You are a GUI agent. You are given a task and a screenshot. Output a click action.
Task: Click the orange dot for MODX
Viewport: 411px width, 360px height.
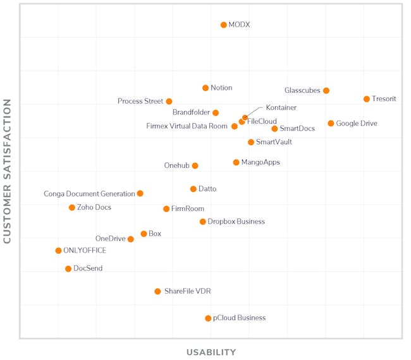pos(223,25)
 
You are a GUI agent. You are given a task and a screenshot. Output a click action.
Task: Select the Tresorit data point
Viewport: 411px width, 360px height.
pos(367,99)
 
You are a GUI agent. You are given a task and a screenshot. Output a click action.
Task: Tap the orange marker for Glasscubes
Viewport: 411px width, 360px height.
pos(326,91)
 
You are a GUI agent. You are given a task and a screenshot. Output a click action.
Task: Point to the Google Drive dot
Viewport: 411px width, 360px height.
pos(331,124)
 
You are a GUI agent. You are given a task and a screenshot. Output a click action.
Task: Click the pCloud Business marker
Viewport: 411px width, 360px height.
pos(208,318)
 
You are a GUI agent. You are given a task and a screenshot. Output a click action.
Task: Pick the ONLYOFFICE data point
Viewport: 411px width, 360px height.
pos(58,251)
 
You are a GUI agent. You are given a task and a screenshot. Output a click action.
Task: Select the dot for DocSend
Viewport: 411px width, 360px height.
pos(68,269)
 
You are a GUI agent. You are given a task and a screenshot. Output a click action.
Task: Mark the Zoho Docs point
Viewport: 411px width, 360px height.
pos(72,208)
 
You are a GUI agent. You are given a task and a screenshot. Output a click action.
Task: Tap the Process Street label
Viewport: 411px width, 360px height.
pos(140,101)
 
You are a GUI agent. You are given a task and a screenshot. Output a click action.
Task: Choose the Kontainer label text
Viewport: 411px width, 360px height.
pos(281,108)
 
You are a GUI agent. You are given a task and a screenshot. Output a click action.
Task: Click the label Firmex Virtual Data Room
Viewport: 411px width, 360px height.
pos(187,126)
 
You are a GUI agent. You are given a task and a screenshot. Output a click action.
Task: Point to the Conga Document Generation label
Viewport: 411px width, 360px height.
pos(89,194)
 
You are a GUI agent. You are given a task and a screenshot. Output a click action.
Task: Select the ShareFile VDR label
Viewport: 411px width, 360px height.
pos(187,292)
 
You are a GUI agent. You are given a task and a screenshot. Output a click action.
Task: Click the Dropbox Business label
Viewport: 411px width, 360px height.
pos(236,222)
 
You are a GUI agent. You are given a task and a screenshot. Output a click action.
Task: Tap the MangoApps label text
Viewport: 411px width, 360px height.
pos(260,162)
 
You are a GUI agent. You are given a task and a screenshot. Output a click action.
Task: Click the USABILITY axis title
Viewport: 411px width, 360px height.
pos(211,352)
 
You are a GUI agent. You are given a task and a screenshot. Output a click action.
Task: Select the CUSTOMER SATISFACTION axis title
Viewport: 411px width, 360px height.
pos(8,171)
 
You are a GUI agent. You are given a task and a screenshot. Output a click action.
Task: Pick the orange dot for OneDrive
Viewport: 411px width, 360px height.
pos(131,239)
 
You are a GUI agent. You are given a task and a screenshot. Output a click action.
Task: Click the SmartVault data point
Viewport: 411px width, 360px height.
pos(251,143)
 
